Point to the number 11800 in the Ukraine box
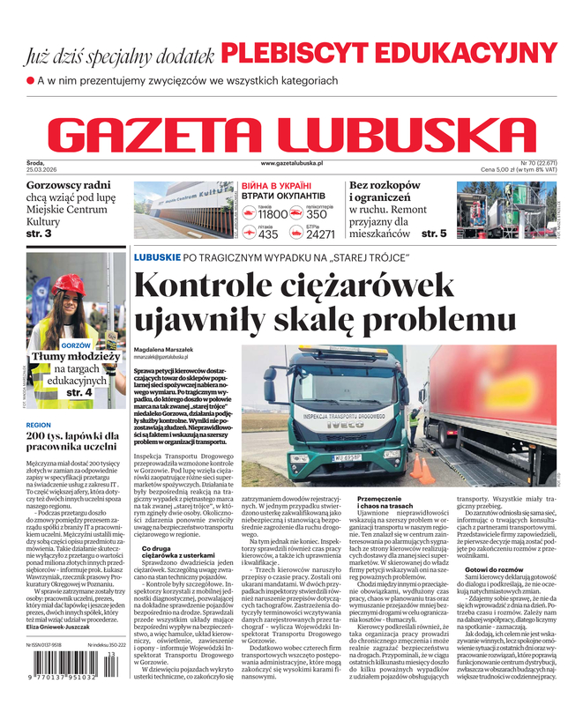coord(273,214)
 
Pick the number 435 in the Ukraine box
coord(268,234)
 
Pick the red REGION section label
coord(39,424)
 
